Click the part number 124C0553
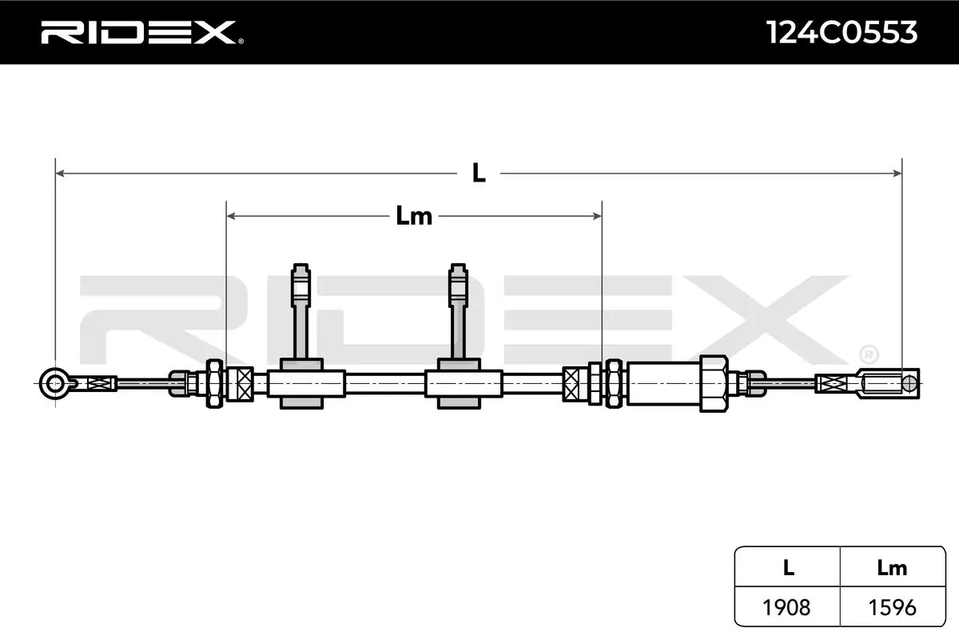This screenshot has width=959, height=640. [x=842, y=33]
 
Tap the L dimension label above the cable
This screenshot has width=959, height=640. [x=479, y=173]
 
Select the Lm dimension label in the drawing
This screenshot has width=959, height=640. [x=414, y=216]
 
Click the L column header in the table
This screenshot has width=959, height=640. [x=788, y=567]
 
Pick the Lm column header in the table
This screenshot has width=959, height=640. [x=892, y=568]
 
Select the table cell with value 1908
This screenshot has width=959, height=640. [x=786, y=607]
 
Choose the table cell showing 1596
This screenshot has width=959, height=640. [x=892, y=607]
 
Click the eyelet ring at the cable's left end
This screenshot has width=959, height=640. [x=54, y=383]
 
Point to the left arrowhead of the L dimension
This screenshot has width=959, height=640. [x=61, y=173]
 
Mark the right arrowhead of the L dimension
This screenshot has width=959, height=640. [x=897, y=173]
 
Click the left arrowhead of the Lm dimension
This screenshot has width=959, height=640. [x=231, y=216]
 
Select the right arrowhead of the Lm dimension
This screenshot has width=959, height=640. [x=597, y=216]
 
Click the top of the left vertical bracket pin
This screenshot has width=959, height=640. [x=300, y=266]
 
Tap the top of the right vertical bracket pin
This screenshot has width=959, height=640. [x=458, y=266]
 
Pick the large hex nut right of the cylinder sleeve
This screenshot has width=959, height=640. [x=714, y=383]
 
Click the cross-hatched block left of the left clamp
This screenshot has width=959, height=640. [x=240, y=384]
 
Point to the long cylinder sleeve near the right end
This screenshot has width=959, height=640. [x=663, y=383]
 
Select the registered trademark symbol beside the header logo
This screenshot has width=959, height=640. [x=241, y=41]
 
